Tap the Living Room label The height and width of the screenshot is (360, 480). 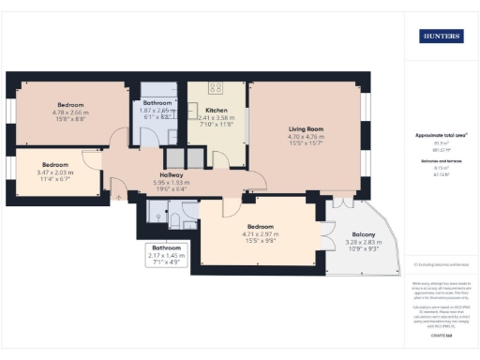[306, 128]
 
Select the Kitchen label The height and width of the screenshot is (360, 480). [217, 110]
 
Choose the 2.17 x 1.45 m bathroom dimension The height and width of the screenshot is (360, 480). [167, 255]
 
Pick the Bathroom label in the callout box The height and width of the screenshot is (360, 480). [167, 247]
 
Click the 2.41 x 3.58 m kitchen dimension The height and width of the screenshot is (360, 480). [217, 117]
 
